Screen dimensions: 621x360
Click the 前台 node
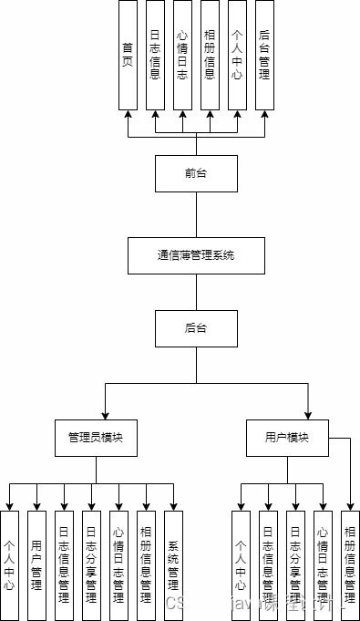[196, 173]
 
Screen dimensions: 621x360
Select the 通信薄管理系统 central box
[196, 255]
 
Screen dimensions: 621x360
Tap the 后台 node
[196, 327]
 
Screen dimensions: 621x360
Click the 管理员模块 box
[96, 438]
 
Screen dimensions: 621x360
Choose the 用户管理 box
[36, 565]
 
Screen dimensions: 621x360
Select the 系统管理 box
[173, 565]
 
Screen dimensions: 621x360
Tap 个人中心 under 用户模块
[242, 565]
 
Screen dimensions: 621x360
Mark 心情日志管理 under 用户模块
[322, 565]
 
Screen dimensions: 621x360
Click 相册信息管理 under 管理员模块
[146, 565]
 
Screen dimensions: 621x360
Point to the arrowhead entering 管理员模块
[106, 415]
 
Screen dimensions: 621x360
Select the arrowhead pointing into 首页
[128, 115]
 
